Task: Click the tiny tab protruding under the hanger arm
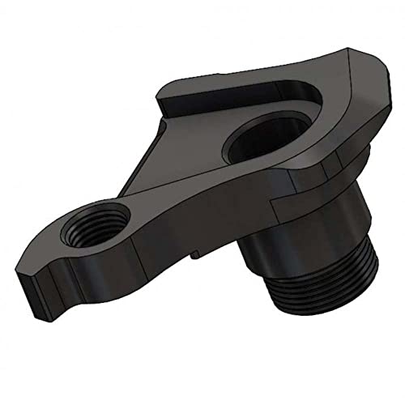[x=195, y=258]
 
